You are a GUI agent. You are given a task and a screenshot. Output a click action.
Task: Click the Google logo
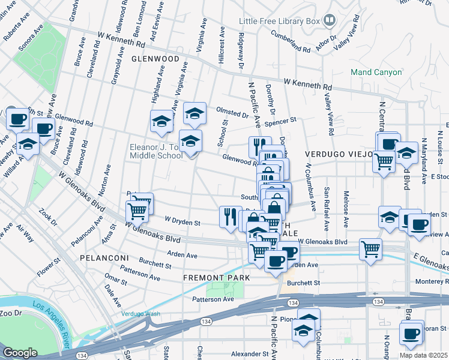pos(20,353)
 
